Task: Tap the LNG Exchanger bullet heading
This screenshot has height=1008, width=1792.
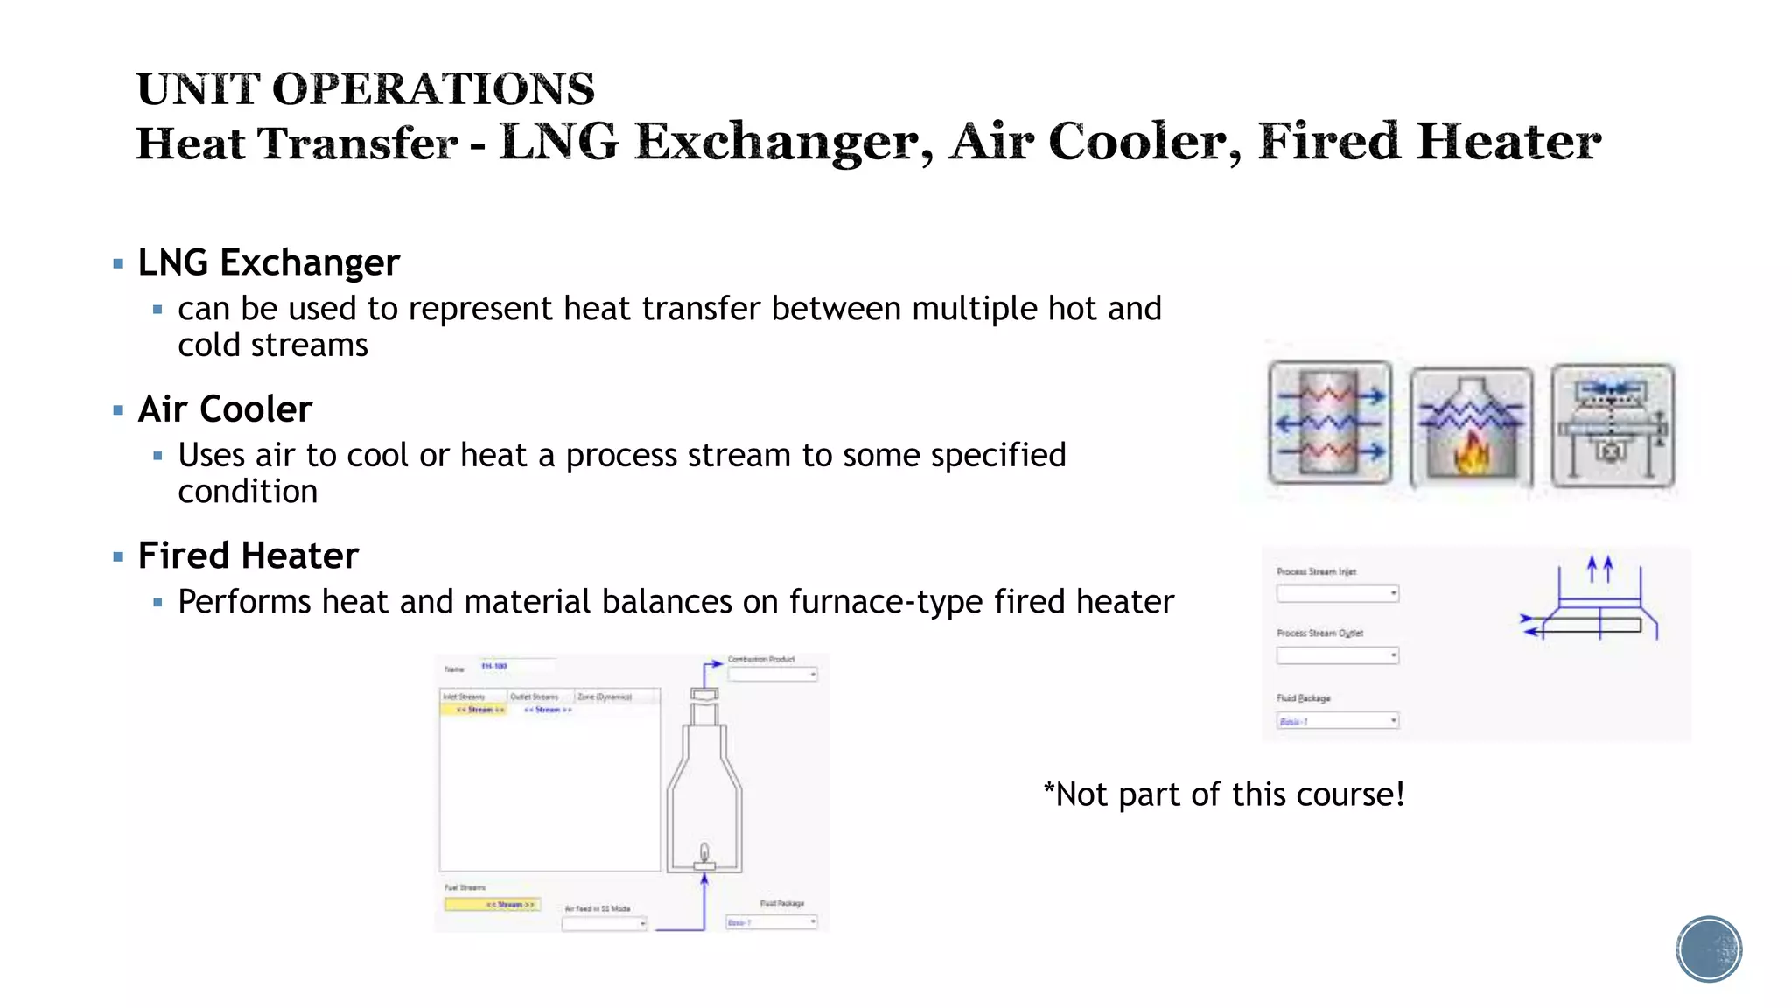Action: pyautogui.click(x=268, y=262)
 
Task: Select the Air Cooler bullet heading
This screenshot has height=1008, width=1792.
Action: pyautogui.click(x=225, y=409)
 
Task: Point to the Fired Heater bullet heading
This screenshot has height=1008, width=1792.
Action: pyautogui.click(x=248, y=556)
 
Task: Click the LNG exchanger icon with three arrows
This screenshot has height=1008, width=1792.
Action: pyautogui.click(x=1330, y=423)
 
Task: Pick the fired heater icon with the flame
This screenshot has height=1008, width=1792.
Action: pyautogui.click(x=1471, y=427)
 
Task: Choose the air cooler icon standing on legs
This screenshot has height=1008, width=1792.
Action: pyautogui.click(x=1612, y=426)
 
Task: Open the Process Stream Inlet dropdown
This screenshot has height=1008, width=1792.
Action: pyautogui.click(x=1338, y=594)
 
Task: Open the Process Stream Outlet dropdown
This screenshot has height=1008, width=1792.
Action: pyautogui.click(x=1338, y=655)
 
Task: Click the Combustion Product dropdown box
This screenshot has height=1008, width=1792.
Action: pyautogui.click(x=773, y=675)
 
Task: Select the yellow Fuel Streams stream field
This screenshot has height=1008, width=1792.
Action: pyautogui.click(x=492, y=905)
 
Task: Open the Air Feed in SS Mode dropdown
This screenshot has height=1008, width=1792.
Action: pyautogui.click(x=604, y=923)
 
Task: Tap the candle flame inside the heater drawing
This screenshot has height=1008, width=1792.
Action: pyautogui.click(x=704, y=851)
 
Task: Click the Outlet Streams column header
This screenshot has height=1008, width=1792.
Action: pyautogui.click(x=535, y=696)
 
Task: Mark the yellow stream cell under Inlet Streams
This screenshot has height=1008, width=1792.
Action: pyautogui.click(x=473, y=710)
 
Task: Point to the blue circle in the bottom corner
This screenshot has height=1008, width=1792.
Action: pyautogui.click(x=1709, y=949)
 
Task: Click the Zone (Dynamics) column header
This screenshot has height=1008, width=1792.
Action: pyautogui.click(x=605, y=696)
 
